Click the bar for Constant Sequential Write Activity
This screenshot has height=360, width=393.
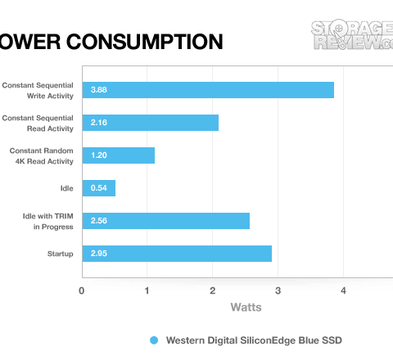(x=208, y=90)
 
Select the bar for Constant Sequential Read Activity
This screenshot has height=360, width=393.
(x=151, y=123)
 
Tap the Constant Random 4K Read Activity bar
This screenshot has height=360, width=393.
(x=119, y=155)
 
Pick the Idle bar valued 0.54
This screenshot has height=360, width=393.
(x=99, y=188)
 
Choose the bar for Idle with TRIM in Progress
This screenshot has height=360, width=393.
(x=166, y=221)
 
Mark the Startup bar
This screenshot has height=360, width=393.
(x=177, y=254)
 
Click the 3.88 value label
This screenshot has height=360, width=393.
(x=99, y=90)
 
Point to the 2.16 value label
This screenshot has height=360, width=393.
(x=99, y=123)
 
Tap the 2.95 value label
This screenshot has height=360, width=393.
(x=99, y=254)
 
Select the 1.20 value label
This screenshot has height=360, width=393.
(x=99, y=155)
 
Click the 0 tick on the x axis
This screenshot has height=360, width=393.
(x=81, y=290)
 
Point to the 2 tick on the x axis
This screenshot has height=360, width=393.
(x=212, y=290)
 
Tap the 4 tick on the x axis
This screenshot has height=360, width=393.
(x=343, y=290)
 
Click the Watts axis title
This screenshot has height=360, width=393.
(x=246, y=308)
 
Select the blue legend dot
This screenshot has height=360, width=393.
(x=154, y=340)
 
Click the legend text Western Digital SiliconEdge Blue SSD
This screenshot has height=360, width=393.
(x=254, y=340)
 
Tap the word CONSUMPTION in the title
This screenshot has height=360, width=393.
(x=145, y=42)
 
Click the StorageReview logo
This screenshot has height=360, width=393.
(x=352, y=34)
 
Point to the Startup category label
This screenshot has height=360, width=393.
(x=61, y=254)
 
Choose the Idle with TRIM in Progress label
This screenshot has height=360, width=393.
(x=48, y=222)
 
